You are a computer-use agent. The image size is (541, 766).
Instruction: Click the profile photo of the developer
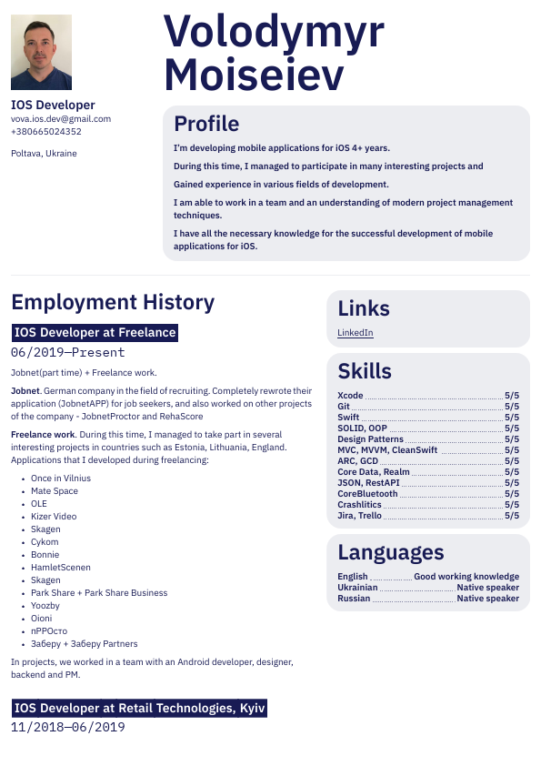(41, 52)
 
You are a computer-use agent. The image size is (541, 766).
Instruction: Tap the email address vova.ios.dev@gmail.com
(61, 118)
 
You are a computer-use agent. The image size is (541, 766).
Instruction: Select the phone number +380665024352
(46, 132)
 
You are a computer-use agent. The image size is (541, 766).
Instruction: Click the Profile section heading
(206, 124)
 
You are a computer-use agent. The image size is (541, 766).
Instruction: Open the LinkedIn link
(356, 333)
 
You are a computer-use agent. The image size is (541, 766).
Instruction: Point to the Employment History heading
(113, 302)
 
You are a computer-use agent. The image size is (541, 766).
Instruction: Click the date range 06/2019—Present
(67, 352)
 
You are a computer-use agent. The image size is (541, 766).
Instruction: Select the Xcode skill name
(350, 396)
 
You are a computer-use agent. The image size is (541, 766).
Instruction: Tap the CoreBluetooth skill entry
(367, 494)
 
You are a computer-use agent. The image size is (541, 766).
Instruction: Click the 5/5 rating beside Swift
(512, 418)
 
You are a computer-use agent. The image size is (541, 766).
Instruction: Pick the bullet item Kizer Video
(54, 516)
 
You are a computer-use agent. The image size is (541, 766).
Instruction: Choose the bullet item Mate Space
(55, 490)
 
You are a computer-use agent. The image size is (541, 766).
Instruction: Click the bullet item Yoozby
(45, 605)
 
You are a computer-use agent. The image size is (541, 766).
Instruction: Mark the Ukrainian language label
(357, 588)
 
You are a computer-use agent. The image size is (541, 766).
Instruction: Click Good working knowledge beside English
(466, 577)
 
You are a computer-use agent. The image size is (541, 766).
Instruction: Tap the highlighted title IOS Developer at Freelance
(95, 333)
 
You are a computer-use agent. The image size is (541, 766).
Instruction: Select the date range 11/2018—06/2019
(67, 727)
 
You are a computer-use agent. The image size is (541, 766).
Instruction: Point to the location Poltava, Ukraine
(44, 153)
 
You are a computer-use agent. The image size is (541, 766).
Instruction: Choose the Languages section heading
(391, 552)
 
